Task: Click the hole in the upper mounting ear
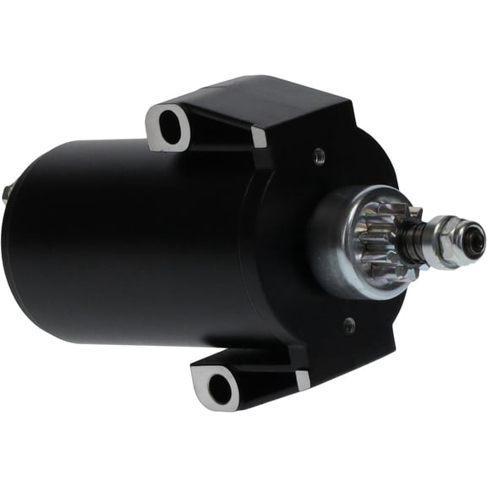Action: click(x=171, y=129)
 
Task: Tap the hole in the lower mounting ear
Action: click(x=219, y=389)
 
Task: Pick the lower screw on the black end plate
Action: click(x=350, y=324)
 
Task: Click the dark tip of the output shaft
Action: click(x=477, y=231)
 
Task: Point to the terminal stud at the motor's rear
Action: click(x=9, y=193)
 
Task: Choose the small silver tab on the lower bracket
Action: click(x=303, y=380)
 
